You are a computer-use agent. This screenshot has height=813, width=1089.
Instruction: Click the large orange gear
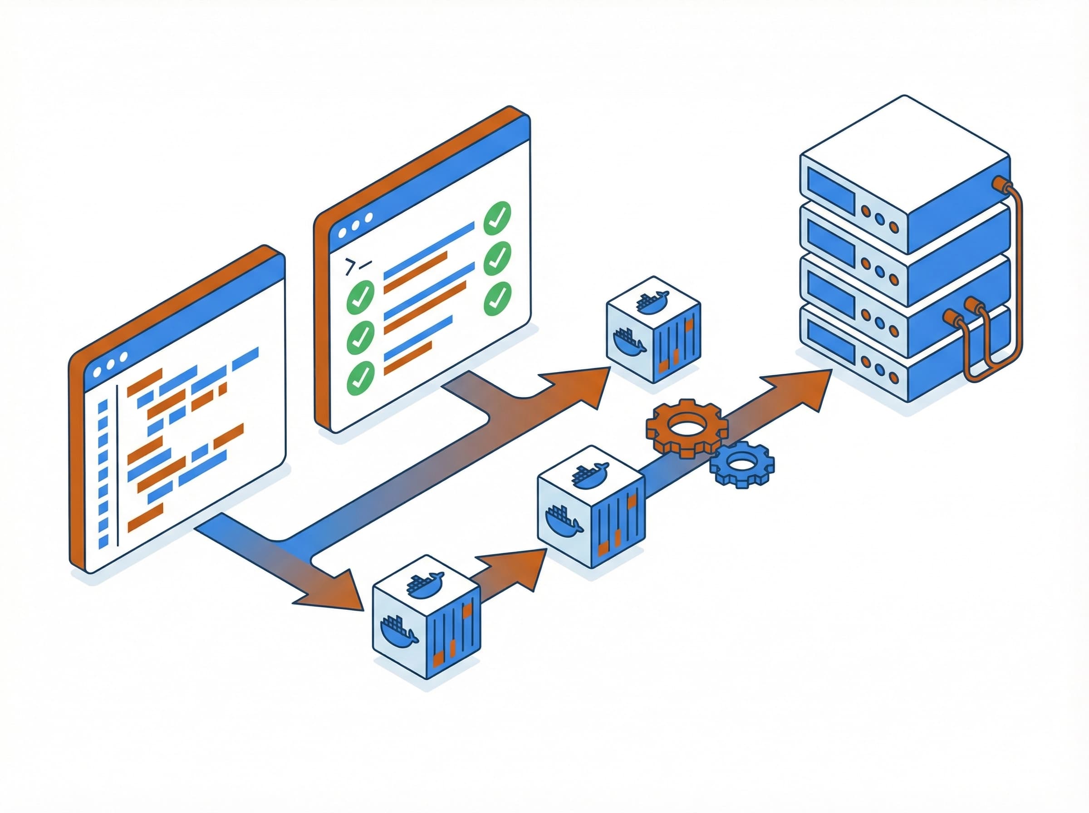point(687,427)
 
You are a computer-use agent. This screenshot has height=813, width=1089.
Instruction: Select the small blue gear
point(741,464)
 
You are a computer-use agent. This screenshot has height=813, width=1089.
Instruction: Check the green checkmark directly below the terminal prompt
point(361,295)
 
